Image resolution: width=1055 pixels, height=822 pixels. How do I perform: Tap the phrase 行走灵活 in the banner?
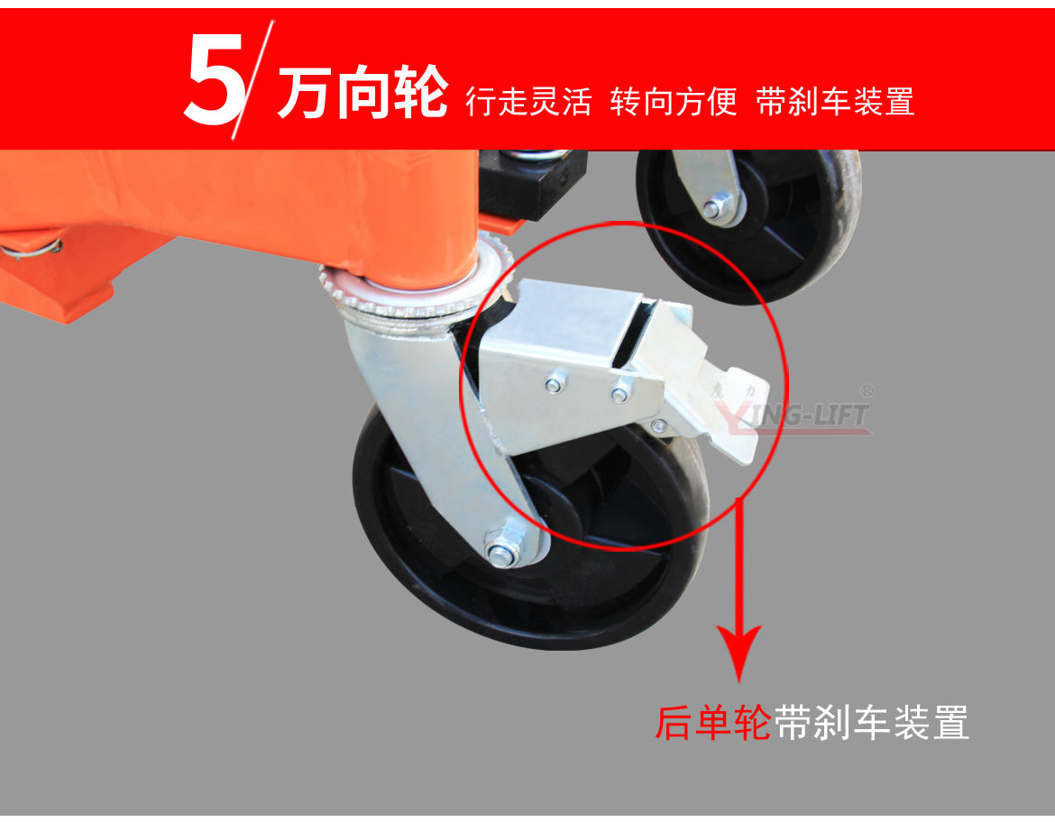tap(528, 101)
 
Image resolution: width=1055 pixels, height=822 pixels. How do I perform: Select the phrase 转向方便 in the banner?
tap(674, 101)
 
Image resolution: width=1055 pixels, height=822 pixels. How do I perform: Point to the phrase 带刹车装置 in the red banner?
tap(835, 101)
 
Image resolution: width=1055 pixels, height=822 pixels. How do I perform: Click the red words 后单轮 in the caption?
tap(713, 723)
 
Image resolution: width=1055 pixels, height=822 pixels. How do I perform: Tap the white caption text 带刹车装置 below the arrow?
tap(871, 723)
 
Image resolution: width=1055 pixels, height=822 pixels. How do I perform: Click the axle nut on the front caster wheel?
tap(500, 548)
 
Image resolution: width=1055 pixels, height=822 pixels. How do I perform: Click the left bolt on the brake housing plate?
tap(554, 385)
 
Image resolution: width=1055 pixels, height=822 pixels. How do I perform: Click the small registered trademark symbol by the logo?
tap(867, 392)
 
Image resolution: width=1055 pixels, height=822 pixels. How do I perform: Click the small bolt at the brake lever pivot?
tap(659, 425)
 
